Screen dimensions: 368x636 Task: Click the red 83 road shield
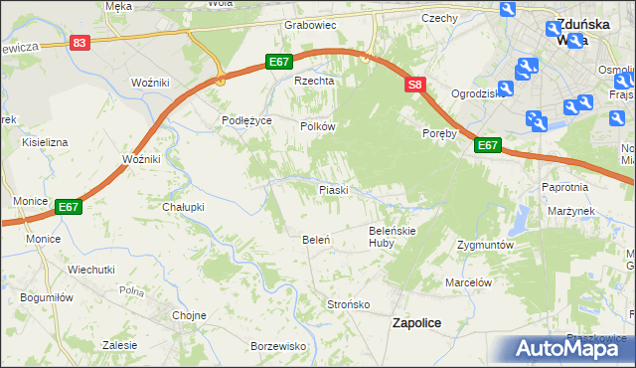point(80,43)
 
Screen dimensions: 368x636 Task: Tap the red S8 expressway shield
point(415,86)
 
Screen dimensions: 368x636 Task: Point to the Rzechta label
point(311,82)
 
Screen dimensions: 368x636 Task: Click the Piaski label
point(332,189)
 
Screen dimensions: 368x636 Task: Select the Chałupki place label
point(183,207)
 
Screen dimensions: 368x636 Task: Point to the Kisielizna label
point(41,142)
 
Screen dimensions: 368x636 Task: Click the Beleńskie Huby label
point(390,236)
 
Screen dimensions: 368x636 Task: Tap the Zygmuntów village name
point(484,245)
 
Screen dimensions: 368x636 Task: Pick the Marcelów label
point(469,282)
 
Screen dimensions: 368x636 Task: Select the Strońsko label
point(349,304)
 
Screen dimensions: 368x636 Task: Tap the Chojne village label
point(189,315)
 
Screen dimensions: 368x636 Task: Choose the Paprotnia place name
point(566,187)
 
